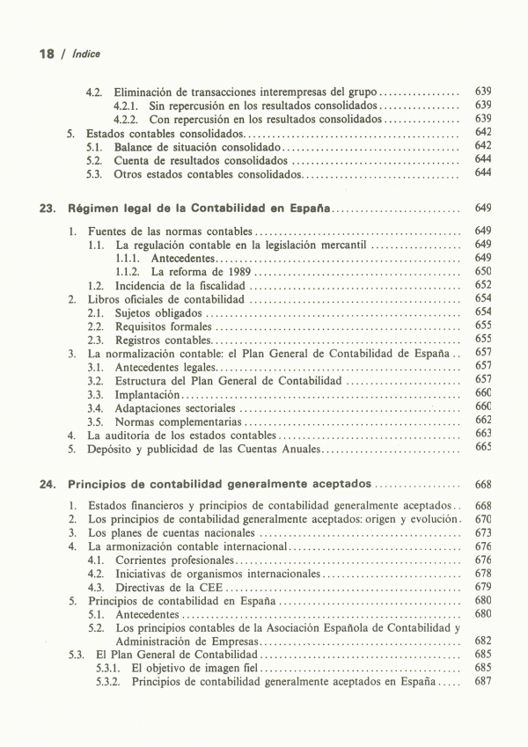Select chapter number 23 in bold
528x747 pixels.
pos(48,209)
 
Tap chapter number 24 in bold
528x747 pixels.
pos(48,484)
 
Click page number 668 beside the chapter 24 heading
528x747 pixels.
pos(482,484)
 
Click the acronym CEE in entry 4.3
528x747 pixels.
pos(211,587)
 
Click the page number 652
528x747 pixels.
pos(482,285)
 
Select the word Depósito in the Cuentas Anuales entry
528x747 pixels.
pos(110,449)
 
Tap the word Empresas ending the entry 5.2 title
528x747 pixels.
pos(209,641)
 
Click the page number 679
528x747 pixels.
pos(482,587)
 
